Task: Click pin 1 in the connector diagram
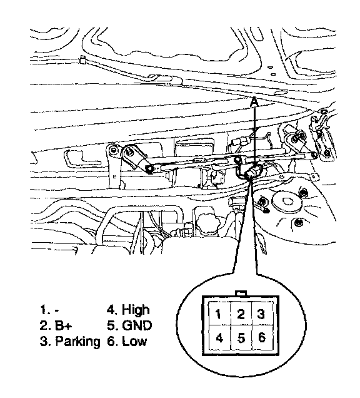218,314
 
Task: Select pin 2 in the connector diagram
241,314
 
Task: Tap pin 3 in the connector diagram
261,314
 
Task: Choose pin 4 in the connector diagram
219,338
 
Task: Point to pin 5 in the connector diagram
241,338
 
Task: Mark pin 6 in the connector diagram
262,337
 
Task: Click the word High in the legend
136,310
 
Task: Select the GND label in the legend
137,325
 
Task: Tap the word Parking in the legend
77,342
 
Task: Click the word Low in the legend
134,341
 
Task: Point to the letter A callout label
254,102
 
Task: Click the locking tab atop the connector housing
241,293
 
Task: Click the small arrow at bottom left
54,249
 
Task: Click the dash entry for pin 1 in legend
57,310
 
